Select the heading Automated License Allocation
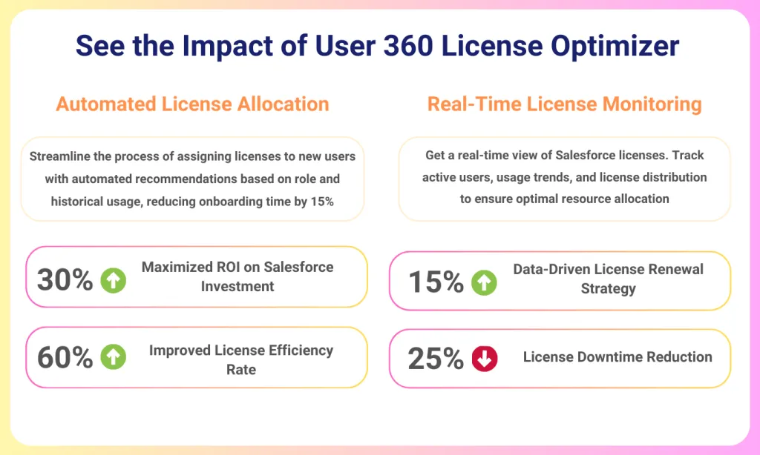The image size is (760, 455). coord(192,104)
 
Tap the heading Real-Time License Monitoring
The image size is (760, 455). coord(564,104)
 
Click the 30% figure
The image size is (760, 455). coord(65,280)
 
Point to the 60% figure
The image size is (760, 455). coord(65,358)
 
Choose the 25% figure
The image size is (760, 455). coord(436,359)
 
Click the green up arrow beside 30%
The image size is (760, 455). coord(114,280)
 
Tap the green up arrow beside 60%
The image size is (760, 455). coord(114,358)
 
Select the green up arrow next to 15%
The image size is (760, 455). coord(484,282)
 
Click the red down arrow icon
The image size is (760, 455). coord(484,359)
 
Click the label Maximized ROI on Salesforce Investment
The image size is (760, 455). coord(237,276)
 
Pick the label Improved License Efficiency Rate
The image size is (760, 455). coord(240,359)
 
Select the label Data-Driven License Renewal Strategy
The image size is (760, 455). coord(608,279)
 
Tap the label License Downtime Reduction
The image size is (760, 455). coord(617,357)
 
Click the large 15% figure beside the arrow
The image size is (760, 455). coord(436,282)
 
